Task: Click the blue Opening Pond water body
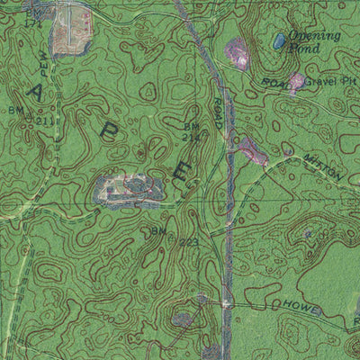[279, 41]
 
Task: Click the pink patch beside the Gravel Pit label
[296, 83]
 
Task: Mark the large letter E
[182, 170]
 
